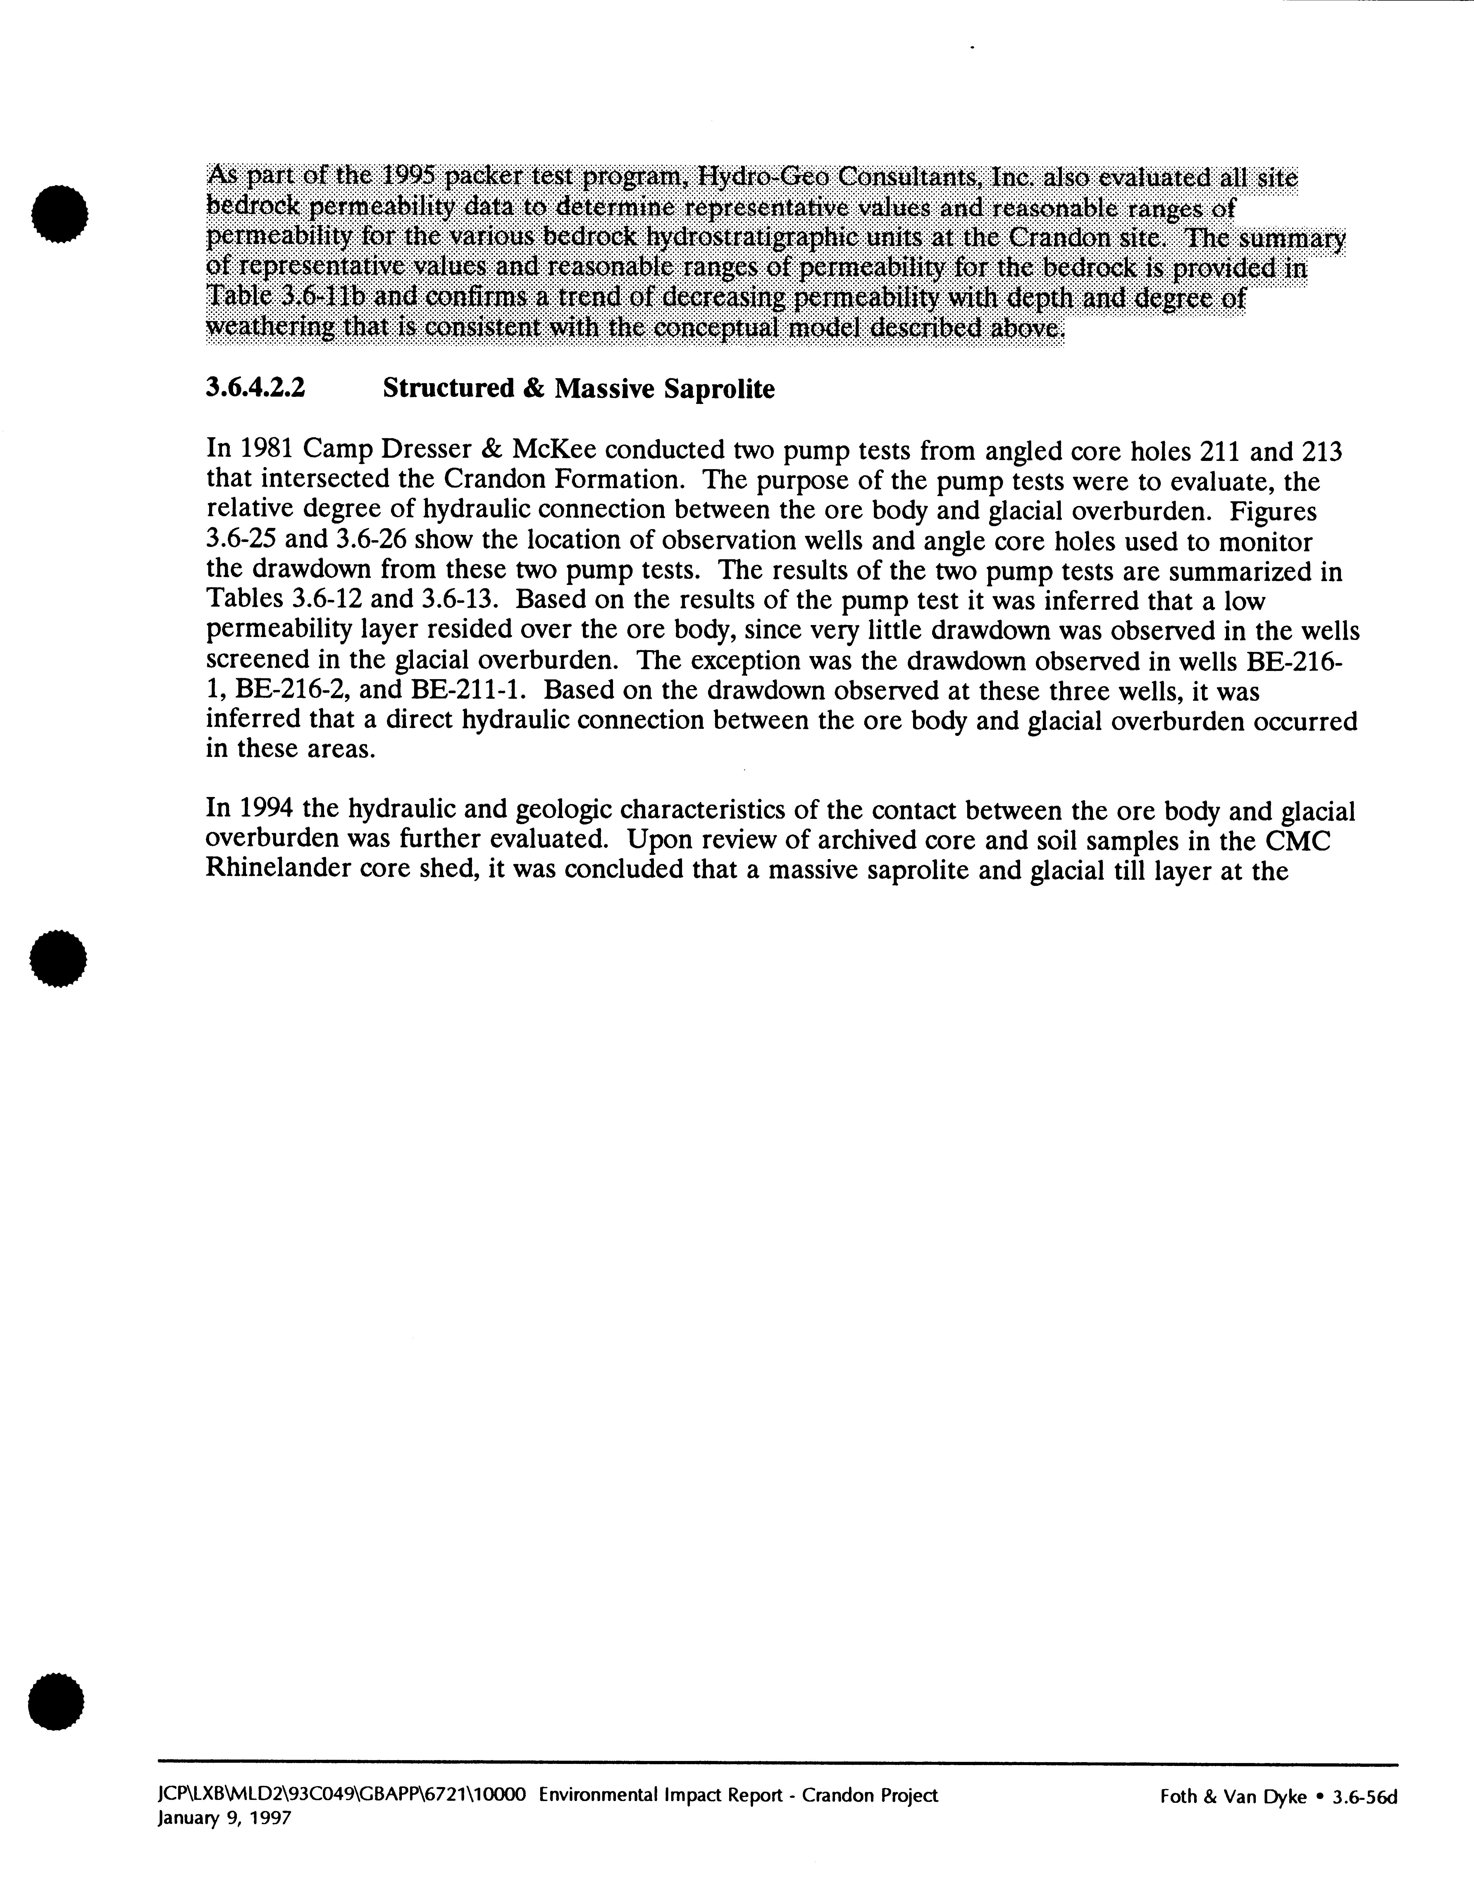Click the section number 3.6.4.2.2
255,388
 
